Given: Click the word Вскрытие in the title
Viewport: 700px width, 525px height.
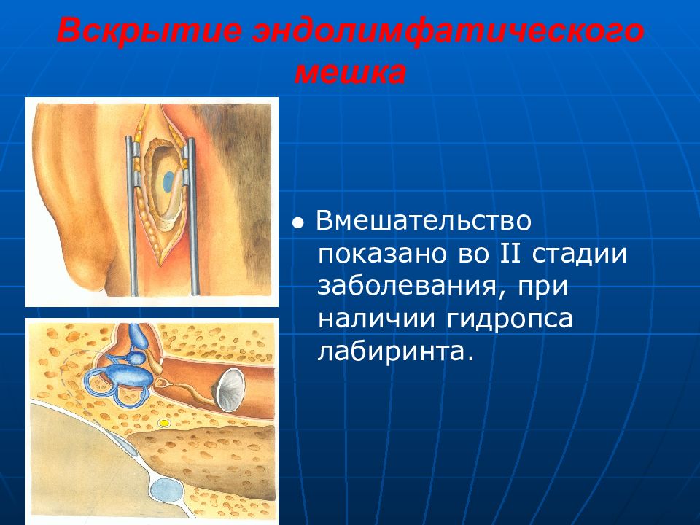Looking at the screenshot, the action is (149, 31).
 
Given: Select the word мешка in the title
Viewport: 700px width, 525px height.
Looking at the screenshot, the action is (351, 73).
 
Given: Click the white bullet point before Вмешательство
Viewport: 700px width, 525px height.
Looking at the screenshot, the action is (297, 223).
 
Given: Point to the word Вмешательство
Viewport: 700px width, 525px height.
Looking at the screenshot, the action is (424, 221).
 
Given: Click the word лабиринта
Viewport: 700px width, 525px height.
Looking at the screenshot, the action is (395, 351).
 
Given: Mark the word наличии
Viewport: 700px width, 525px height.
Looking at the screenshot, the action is (377, 319).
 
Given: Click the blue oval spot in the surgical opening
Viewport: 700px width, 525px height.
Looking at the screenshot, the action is (168, 182).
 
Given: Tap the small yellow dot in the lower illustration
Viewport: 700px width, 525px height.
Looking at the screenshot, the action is (164, 422).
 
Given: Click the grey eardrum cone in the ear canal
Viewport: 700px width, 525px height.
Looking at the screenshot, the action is (231, 389).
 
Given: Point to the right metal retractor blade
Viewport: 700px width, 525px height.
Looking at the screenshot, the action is (192, 216).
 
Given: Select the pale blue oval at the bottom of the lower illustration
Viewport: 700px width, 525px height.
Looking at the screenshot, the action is (166, 490).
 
